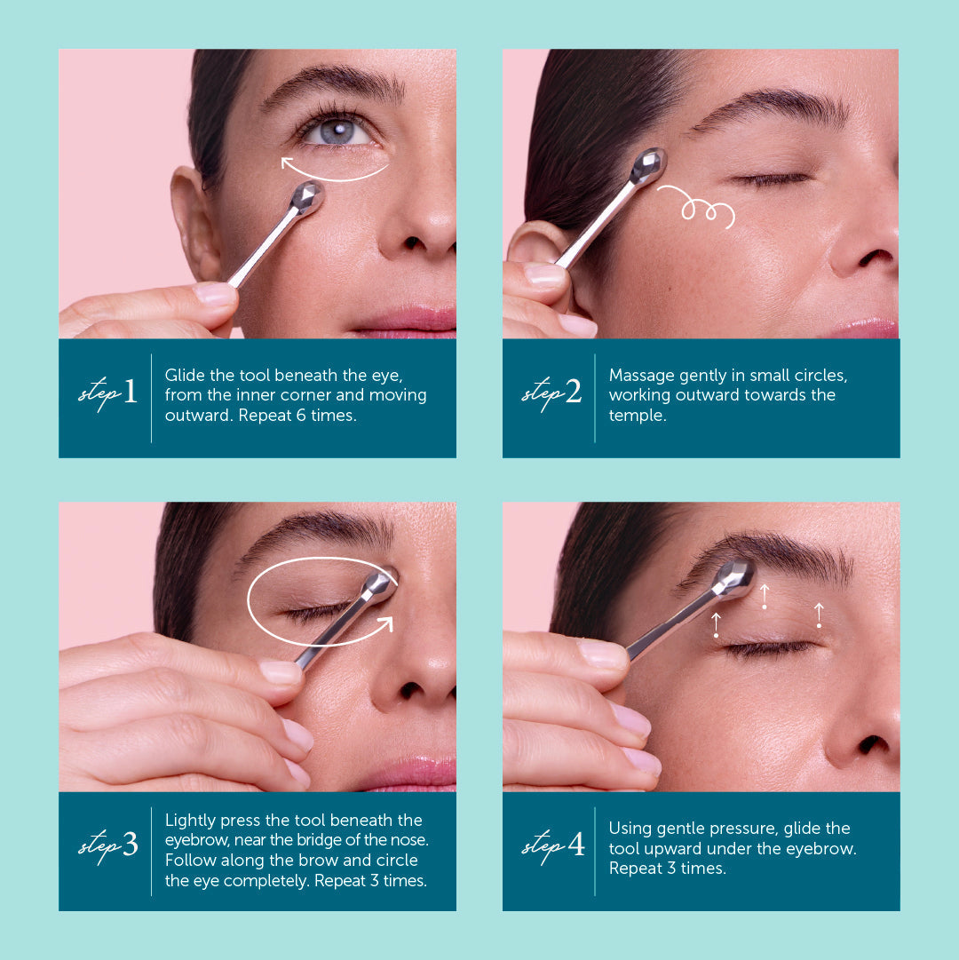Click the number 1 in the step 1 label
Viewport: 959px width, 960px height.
point(130,392)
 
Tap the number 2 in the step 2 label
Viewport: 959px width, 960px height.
point(573,392)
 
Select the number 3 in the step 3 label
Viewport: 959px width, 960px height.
point(130,845)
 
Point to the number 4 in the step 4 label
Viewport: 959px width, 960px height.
point(575,845)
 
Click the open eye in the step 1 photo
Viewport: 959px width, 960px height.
point(337,131)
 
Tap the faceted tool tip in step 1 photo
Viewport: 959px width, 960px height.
point(306,197)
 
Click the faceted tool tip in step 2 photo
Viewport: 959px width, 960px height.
point(648,165)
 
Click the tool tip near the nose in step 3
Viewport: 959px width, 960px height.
point(380,583)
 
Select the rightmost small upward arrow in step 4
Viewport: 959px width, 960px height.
point(819,615)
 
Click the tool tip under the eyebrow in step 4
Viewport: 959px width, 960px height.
point(733,578)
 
